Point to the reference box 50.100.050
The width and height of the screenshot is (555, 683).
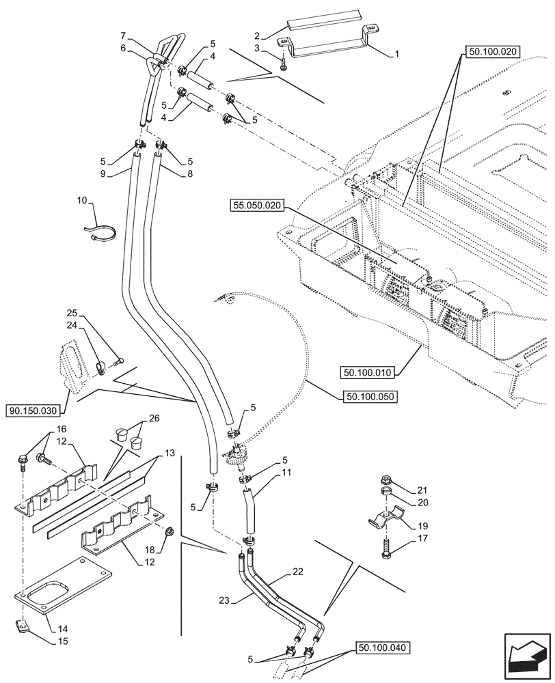368,395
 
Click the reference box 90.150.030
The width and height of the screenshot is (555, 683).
34,411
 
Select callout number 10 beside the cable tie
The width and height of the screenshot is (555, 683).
82,201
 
